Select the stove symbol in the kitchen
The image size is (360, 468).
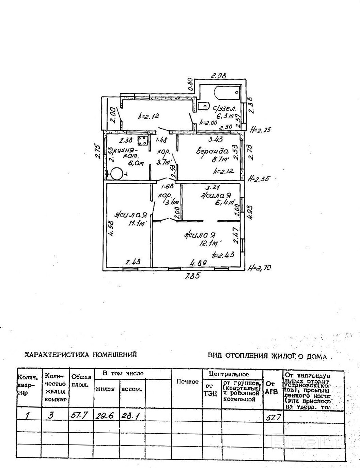coord(142,140)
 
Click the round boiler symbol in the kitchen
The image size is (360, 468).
coord(116,174)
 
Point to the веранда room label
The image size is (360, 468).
coord(212,151)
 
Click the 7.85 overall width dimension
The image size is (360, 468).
coord(192,276)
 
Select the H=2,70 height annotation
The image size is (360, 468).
coord(260,268)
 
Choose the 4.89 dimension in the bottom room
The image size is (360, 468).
coord(197,262)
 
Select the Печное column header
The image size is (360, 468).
coord(187,381)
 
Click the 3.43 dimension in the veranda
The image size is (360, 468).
coord(215,139)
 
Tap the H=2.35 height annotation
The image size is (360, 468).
coord(260,178)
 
